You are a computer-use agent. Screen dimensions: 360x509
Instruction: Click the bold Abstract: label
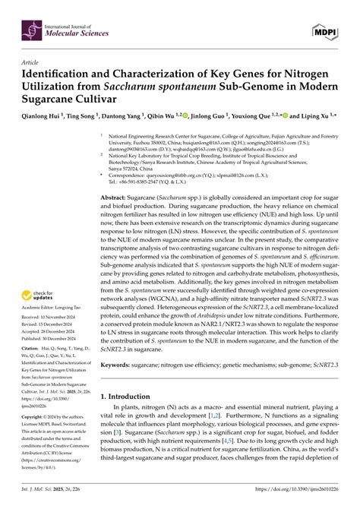(x=120, y=197)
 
